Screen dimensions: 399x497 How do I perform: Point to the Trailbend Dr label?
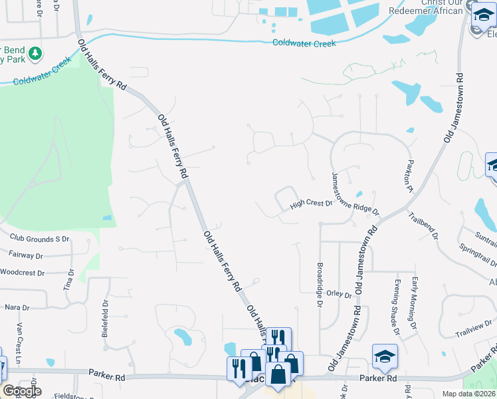tap(423, 225)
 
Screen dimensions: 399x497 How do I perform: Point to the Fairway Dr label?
tap(27, 255)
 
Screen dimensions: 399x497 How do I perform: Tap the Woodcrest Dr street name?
tap(22, 273)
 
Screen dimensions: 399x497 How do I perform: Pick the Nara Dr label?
tap(17, 308)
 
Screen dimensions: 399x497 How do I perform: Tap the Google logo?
tap(21, 391)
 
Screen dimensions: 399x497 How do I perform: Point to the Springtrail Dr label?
tap(477, 255)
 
